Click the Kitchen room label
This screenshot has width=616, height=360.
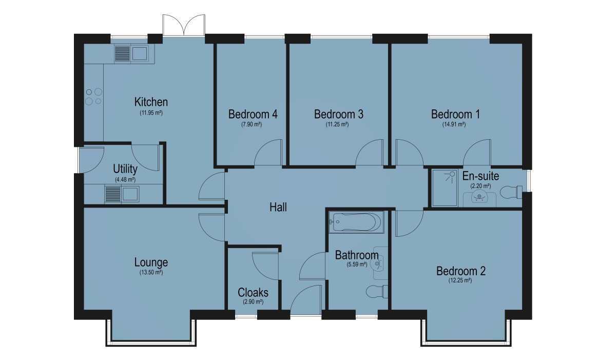click(x=151, y=102)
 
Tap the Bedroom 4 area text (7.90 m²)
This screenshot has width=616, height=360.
click(x=252, y=124)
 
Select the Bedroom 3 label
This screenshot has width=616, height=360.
click(x=338, y=114)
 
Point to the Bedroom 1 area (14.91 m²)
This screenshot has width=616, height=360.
click(x=454, y=124)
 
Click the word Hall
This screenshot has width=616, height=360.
click(x=278, y=207)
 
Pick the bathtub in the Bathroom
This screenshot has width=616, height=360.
click(x=356, y=222)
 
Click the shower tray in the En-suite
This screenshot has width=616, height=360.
click(x=445, y=188)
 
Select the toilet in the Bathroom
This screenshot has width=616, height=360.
click(x=377, y=292)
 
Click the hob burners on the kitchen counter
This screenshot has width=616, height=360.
click(x=93, y=97)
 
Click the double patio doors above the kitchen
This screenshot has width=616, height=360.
click(x=184, y=25)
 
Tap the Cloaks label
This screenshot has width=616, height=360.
click(x=253, y=293)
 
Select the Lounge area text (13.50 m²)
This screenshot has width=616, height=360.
click(x=151, y=273)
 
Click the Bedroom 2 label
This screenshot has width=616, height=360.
click(x=461, y=271)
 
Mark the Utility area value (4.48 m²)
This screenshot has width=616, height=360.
click(x=125, y=180)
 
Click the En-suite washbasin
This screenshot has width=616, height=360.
click(x=479, y=198)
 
